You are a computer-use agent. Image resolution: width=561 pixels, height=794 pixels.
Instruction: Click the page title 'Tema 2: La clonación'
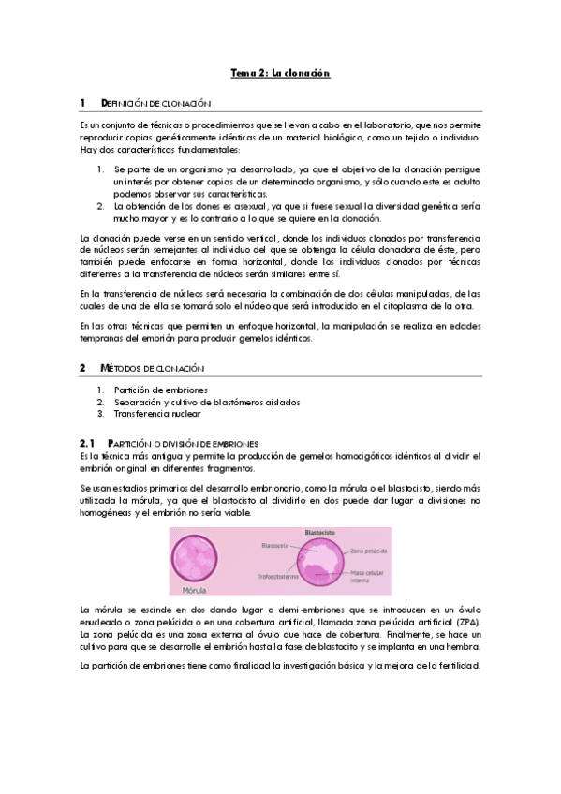[x=280, y=72]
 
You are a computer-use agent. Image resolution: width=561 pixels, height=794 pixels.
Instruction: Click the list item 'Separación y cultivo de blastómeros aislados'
[x=206, y=402]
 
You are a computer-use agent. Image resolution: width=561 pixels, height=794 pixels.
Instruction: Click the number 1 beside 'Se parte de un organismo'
[x=101, y=169]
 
